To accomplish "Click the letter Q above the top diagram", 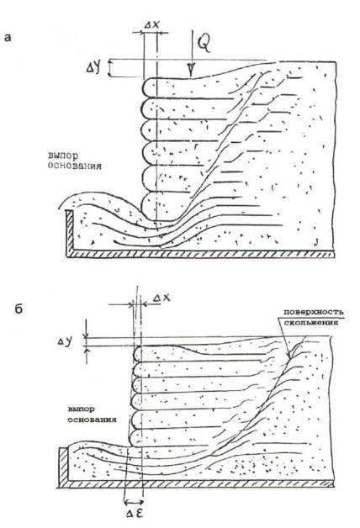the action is point(204,44).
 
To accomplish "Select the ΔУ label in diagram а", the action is point(93,68).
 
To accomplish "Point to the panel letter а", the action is point(8,38).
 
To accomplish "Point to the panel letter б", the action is point(19,309).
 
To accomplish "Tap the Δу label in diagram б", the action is point(64,342).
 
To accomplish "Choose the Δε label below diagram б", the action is point(135,515).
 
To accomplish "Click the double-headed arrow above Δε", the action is point(134,503).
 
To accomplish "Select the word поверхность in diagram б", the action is point(314,312).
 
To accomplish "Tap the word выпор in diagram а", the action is point(63,156).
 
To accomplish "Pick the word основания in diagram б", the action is point(92,420).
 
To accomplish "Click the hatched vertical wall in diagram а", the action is point(69,232).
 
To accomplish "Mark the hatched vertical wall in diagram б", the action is point(63,465).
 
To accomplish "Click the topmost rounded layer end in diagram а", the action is point(148,88).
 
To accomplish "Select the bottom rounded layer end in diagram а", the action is point(148,207).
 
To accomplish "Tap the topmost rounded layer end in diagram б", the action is point(137,354).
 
